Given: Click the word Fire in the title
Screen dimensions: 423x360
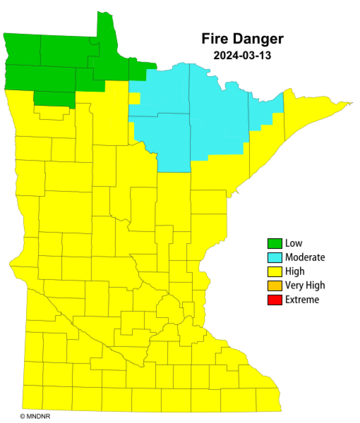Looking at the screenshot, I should point(216,39).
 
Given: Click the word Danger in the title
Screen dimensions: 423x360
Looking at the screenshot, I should point(258,39).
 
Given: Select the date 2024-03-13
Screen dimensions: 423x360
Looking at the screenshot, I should point(242,55).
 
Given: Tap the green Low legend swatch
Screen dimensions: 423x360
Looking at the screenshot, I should point(275,244).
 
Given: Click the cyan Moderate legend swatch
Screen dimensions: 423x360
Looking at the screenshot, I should point(275,257).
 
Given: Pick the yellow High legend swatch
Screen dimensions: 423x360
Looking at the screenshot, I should point(275,271).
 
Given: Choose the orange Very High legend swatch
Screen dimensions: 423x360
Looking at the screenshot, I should point(275,285).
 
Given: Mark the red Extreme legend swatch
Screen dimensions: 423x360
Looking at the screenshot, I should point(275,300).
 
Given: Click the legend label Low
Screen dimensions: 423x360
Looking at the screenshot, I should point(294,244).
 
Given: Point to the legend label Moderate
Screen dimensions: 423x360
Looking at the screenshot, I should point(305,257).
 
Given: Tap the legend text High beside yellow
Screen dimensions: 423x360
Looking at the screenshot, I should point(294,271).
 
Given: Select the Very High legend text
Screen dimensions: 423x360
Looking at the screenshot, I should point(305,285).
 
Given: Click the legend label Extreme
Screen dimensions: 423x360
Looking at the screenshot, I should point(302,300).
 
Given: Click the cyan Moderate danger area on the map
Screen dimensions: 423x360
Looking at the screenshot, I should point(189,116).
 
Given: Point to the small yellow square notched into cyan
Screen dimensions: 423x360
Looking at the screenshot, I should point(134,98).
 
